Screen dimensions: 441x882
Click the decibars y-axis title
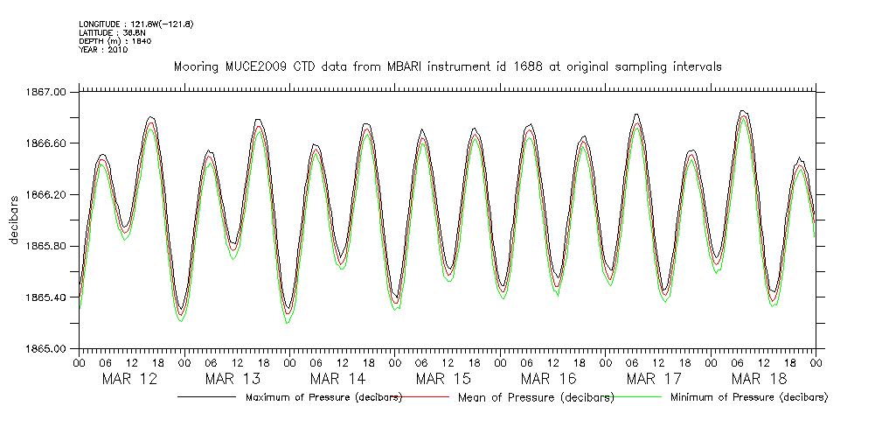(15, 220)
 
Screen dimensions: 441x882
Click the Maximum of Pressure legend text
(323, 397)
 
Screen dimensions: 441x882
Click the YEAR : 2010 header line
(103, 50)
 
